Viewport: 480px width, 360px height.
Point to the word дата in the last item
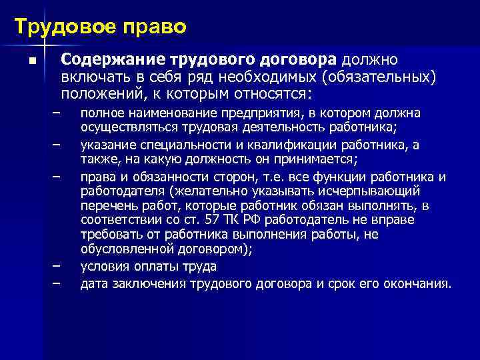93,284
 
